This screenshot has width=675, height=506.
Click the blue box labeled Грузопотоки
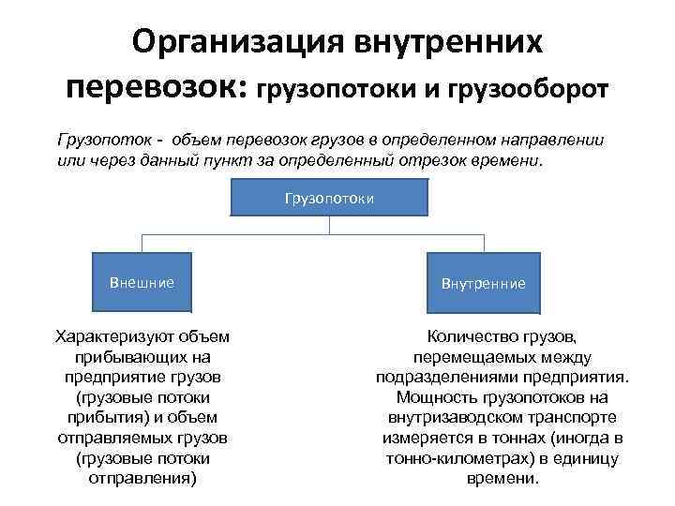click(x=329, y=198)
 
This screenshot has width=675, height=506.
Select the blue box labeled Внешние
click(x=142, y=282)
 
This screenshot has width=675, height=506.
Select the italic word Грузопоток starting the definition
click(x=101, y=141)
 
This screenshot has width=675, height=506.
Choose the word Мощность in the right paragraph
click(x=425, y=397)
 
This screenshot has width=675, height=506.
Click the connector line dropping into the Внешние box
click(x=142, y=242)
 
